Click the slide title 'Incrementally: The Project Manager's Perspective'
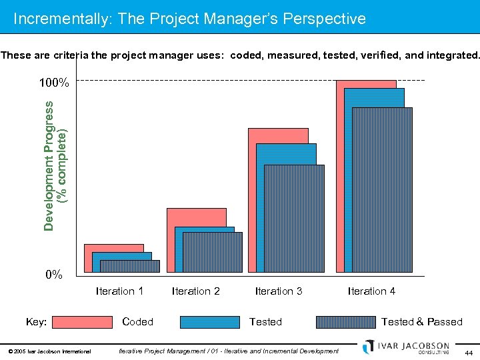point(189,19)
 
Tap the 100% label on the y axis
point(53,83)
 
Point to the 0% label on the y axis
point(53,274)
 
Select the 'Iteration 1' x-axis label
point(119,291)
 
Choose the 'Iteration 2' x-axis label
point(195,291)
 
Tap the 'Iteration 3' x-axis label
point(279,291)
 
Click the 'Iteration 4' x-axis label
point(371,291)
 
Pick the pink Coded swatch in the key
point(82,322)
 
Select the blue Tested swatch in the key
point(210,322)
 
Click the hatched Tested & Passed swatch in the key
point(345,322)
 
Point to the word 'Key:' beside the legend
point(36,322)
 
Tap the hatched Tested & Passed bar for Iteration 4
point(382,190)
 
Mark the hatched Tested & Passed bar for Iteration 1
point(130,266)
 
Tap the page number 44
point(468,352)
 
